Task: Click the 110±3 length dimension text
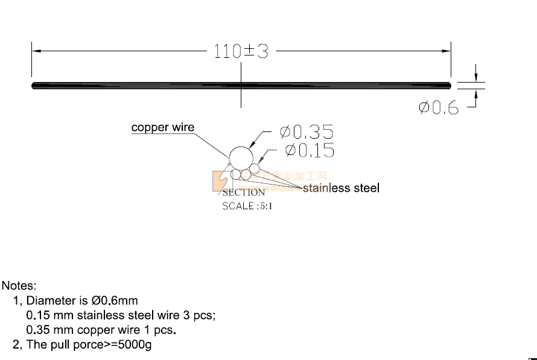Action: [x=241, y=52]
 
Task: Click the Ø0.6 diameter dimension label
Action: [x=439, y=108]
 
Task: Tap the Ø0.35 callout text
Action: [x=306, y=132]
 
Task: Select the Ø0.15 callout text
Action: [x=309, y=150]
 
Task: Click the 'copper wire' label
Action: [x=163, y=127]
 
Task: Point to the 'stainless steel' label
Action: [x=341, y=188]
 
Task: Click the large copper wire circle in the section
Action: [x=241, y=158]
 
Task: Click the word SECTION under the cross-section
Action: [x=244, y=193]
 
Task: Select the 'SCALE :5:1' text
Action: [x=247, y=206]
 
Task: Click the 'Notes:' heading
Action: [x=19, y=285]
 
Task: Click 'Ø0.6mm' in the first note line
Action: [x=115, y=300]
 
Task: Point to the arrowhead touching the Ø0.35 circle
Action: [x=252, y=145]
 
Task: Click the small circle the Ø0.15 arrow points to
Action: [x=255, y=168]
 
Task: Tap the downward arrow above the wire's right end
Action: [x=476, y=77]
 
